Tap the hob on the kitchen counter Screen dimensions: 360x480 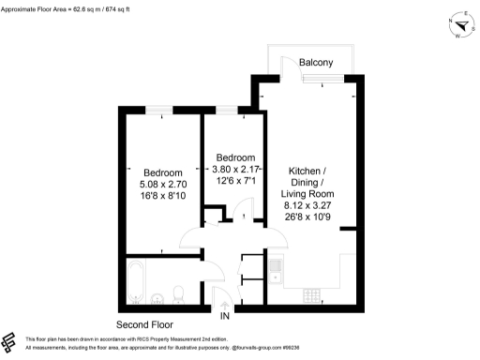310,297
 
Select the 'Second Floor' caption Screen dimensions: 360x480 143,323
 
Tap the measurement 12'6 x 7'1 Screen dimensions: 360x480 234,181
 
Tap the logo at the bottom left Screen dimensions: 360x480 10,342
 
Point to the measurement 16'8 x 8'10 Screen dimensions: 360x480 149,198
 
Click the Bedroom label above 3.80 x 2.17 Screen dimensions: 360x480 235,157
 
